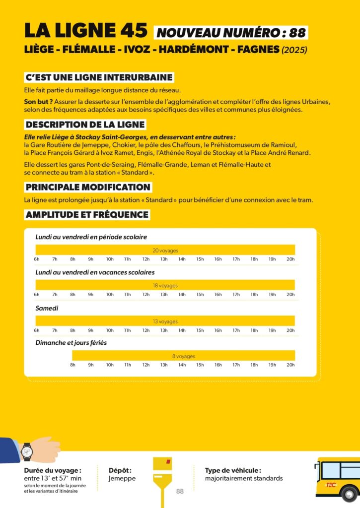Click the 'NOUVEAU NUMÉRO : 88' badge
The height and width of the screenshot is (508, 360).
pyautogui.click(x=231, y=33)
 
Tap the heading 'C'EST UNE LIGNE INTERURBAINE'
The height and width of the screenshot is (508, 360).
pyautogui.click(x=99, y=77)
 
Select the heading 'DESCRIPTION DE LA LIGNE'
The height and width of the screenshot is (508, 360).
pyautogui.click(x=85, y=125)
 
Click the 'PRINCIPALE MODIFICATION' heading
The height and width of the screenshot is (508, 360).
pyautogui.click(x=88, y=187)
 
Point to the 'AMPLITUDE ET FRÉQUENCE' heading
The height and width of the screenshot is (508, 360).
pyautogui.click(x=87, y=215)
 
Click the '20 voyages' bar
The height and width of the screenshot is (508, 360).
pyautogui.click(x=165, y=250)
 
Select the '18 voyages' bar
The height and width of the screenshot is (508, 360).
pyautogui.click(x=165, y=285)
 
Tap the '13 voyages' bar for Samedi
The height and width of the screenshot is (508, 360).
pyautogui.click(x=165, y=321)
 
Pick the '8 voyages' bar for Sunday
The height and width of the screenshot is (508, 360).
pyautogui.click(x=183, y=356)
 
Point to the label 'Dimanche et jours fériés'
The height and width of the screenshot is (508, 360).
pyautogui.click(x=71, y=342)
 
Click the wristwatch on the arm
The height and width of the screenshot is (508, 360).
pyautogui.click(x=27, y=451)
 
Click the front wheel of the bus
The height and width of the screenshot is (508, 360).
pyautogui.click(x=349, y=494)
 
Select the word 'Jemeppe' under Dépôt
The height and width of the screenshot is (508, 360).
pyautogui.click(x=122, y=478)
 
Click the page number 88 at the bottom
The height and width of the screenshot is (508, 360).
pyautogui.click(x=180, y=491)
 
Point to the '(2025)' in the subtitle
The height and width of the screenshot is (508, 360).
pyautogui.click(x=294, y=50)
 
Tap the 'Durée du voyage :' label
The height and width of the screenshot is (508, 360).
pyautogui.click(x=52, y=470)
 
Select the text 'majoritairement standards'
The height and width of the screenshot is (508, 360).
pyautogui.click(x=244, y=478)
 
